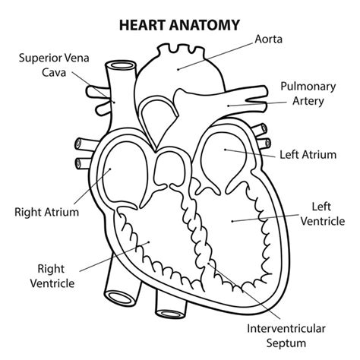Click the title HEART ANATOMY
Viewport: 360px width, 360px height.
point(179,25)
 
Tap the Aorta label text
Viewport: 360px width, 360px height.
point(268,39)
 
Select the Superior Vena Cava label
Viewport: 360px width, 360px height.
point(54,65)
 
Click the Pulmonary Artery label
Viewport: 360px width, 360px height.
point(308,93)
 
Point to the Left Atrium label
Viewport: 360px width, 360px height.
point(308,154)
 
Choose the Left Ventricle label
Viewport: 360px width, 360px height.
point(323,214)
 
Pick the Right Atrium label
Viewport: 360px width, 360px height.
point(47,212)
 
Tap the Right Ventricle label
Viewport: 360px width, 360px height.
point(52,276)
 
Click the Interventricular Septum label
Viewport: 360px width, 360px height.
point(286,336)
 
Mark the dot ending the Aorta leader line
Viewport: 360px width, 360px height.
point(178,69)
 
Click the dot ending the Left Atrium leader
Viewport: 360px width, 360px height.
point(225,150)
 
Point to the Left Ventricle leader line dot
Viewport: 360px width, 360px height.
point(232,221)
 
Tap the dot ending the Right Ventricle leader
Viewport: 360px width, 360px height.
point(149,242)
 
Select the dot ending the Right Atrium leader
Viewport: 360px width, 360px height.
point(110,169)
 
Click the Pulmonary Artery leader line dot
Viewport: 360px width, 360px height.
point(228,106)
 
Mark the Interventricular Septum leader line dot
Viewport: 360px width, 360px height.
point(208,264)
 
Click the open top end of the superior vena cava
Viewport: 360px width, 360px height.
point(122,65)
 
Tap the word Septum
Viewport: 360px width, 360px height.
point(286,343)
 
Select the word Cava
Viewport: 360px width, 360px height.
point(54,73)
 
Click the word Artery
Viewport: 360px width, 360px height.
point(308,101)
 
